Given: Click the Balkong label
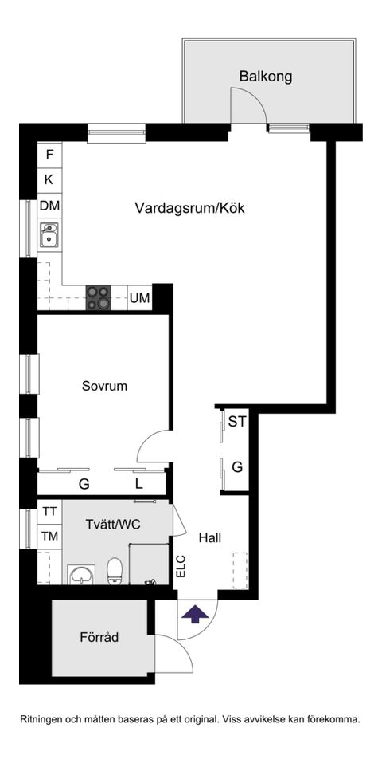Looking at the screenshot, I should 266,77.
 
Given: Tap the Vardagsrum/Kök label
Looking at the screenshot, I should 189,209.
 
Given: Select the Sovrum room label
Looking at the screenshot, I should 104,386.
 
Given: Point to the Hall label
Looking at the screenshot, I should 210,537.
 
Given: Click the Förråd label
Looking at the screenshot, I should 99,638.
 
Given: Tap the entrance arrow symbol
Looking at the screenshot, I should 196,613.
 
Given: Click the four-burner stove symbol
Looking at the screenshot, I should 99,297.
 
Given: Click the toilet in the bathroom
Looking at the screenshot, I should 115,569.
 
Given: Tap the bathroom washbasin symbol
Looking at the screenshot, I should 80,573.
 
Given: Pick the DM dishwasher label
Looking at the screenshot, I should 49,206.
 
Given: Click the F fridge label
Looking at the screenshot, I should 49,155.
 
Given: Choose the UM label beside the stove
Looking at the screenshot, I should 139,298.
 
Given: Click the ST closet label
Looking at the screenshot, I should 237,423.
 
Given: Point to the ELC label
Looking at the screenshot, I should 181,566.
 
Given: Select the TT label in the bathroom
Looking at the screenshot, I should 49,512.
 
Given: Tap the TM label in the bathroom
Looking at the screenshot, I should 49,537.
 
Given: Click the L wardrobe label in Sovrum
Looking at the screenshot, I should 138,484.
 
